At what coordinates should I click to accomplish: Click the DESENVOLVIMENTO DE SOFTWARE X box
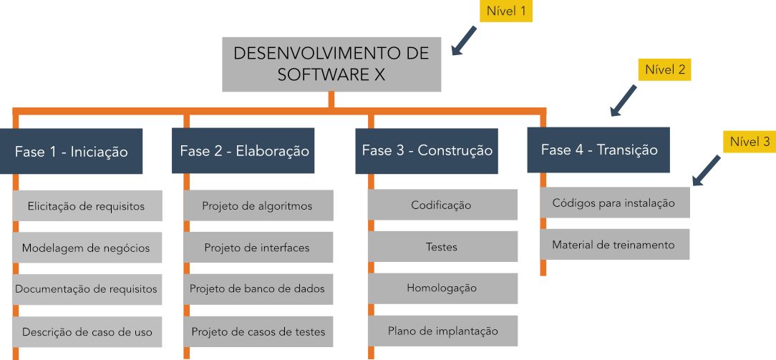coord(331,64)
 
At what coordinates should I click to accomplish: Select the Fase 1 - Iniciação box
coord(72,151)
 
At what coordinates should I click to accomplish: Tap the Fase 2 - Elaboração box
coord(243,151)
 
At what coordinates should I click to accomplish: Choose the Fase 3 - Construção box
coord(427,151)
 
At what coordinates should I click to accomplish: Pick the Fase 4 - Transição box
coord(598,150)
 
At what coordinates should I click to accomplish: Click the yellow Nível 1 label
coord(506,11)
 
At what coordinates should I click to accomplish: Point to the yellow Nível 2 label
coord(664,69)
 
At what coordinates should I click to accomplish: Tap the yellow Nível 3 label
coord(750,142)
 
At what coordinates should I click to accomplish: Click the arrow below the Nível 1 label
coord(463,41)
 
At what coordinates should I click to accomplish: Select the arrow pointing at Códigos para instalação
coord(706,171)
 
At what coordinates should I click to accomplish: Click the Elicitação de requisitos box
coord(87,205)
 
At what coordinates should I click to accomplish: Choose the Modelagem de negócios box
coord(87,248)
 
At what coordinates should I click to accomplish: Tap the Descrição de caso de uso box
coord(87,332)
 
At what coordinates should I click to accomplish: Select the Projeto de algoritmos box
coord(258,205)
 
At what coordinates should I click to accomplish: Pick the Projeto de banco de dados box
coord(258,289)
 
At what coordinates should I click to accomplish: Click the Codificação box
coord(442,205)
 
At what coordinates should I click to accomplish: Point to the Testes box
coord(442,246)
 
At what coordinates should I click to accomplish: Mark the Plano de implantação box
coord(442,331)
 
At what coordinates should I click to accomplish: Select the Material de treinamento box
coord(614,244)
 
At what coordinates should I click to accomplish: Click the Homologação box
coord(442,288)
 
